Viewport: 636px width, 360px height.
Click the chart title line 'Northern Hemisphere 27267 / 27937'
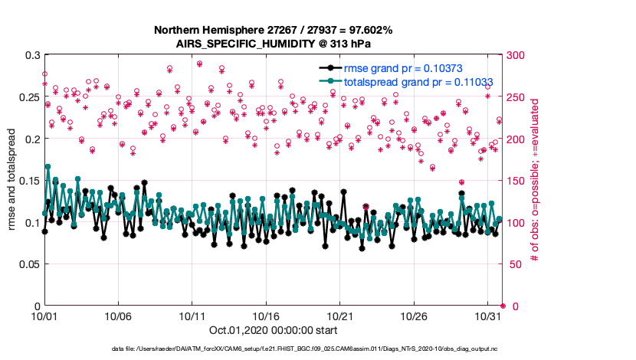coord(274,31)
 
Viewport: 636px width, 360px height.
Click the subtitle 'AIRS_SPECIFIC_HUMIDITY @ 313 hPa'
coord(274,44)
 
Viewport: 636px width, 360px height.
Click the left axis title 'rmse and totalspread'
coord(12,181)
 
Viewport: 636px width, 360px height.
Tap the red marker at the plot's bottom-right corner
coord(502,306)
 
